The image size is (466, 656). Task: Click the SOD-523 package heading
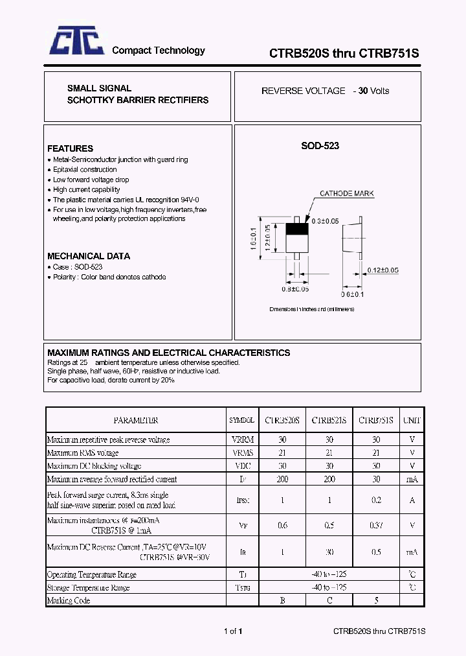click(320, 146)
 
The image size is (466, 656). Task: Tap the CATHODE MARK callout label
click(346, 194)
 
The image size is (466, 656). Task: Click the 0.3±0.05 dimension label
click(326, 221)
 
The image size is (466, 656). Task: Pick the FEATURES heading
click(70, 148)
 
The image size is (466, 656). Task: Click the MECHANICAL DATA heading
click(89, 256)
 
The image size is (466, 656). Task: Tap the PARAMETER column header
click(136, 420)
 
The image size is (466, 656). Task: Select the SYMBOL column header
click(242, 420)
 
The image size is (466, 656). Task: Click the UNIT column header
click(412, 420)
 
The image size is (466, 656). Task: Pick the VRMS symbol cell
click(242, 452)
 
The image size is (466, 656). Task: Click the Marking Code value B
click(282, 600)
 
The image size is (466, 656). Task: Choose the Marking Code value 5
click(376, 600)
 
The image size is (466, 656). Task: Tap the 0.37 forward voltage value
click(376, 525)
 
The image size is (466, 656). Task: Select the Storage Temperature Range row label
click(89, 587)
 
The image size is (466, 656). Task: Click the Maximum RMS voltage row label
click(83, 452)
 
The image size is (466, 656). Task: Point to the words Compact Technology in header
click(159, 51)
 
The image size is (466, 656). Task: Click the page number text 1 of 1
click(233, 631)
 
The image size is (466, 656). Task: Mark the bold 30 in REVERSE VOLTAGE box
click(363, 91)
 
